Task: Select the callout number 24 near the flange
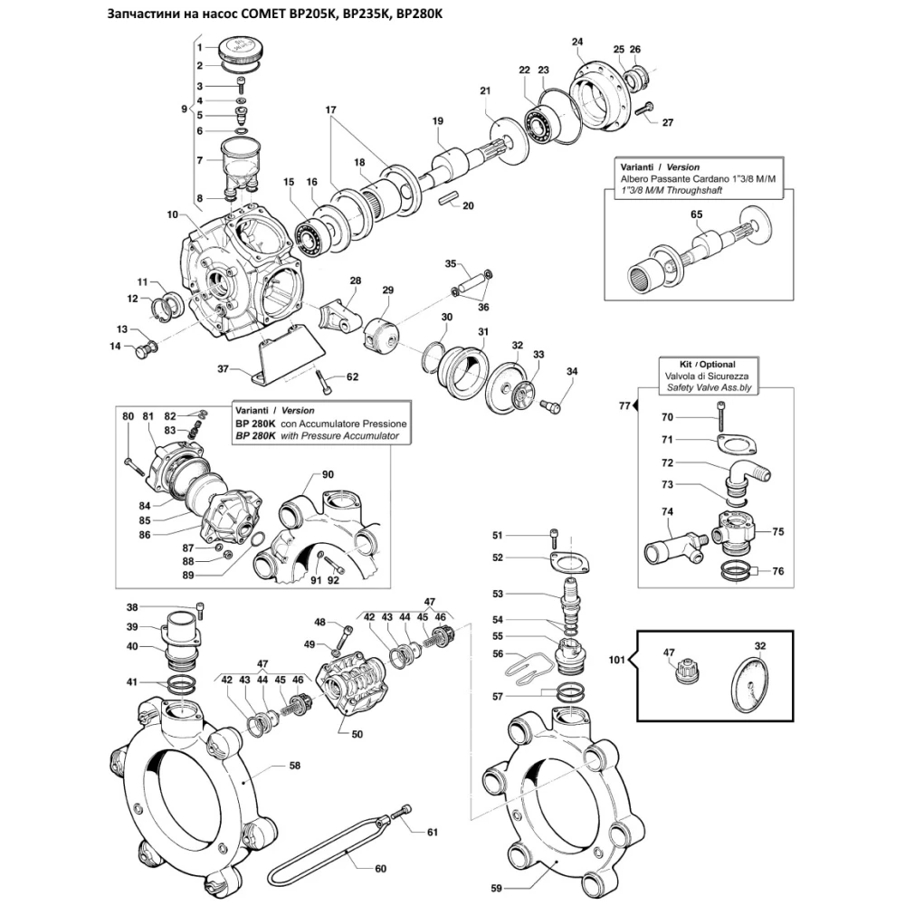point(577,42)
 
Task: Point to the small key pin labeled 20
point(447,198)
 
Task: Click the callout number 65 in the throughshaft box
point(697,214)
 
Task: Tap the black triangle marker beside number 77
point(635,405)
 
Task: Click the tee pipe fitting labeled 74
point(675,546)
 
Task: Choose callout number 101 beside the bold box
point(617,659)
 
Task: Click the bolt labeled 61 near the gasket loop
point(402,812)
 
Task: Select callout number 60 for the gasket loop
point(380,868)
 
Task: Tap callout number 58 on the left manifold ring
point(294,766)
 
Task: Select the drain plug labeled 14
point(145,349)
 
